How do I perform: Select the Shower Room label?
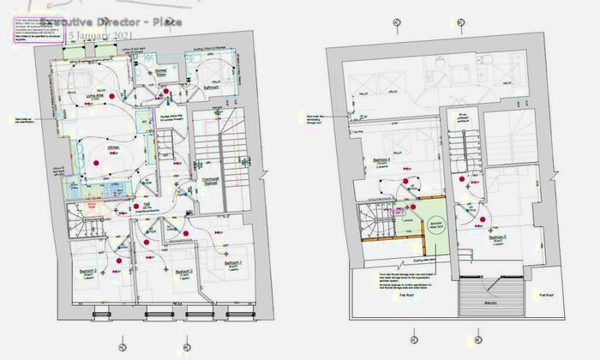pos(160,75)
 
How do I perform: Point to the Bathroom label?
pos(210,87)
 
